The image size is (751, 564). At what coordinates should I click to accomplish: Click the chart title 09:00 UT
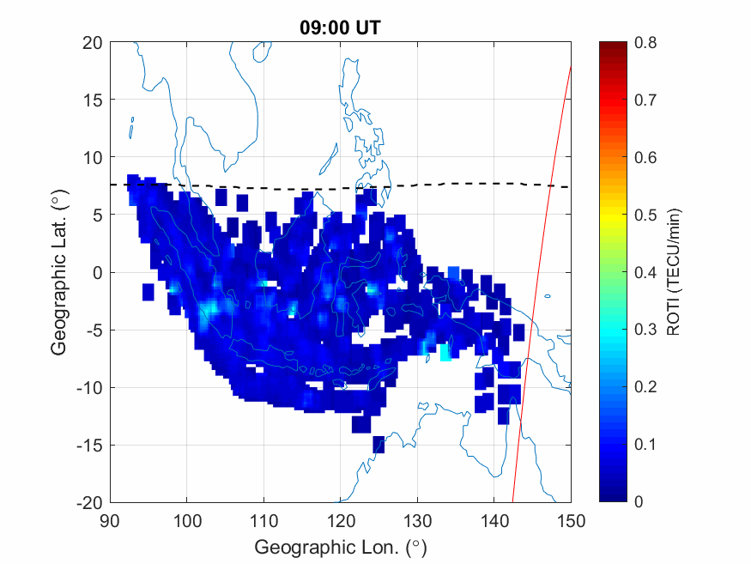340,27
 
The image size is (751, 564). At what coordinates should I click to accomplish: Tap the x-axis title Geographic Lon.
340,547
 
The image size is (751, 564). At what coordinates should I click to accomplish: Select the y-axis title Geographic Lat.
58,272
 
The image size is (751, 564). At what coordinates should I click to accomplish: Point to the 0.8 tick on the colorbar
645,42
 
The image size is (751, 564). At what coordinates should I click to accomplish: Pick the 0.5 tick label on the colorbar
645,215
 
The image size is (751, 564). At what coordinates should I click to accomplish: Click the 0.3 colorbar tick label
645,330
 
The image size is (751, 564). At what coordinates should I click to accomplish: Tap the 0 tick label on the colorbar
639,502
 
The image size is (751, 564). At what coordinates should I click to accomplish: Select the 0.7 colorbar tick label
645,100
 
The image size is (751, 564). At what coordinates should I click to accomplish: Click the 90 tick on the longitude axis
109,520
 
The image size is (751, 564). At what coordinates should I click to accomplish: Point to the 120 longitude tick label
340,520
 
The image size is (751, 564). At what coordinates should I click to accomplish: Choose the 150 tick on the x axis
571,520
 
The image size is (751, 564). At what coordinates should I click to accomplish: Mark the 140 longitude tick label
494,520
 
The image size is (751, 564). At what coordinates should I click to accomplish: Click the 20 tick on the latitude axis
94,42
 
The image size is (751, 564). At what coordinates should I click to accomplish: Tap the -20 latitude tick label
90,502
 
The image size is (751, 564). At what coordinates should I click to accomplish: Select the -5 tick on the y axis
94,330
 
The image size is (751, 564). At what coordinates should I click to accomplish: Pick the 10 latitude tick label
94,157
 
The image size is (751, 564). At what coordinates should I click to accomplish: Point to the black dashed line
257,187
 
